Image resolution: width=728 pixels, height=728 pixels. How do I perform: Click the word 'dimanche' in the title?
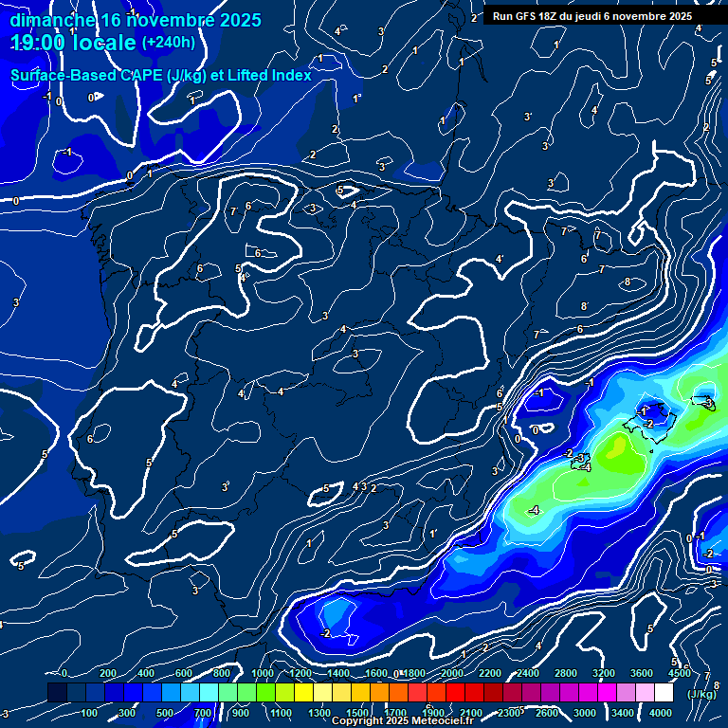click(x=51, y=20)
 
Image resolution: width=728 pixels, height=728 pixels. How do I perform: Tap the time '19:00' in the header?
click(x=42, y=43)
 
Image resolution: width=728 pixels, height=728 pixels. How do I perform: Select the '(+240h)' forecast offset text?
click(x=169, y=43)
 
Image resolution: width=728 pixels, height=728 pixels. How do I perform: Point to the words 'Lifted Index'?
click(x=265, y=75)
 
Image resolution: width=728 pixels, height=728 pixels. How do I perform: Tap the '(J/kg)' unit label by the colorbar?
click(x=702, y=694)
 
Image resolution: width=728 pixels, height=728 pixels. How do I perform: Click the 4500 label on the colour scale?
click(x=680, y=673)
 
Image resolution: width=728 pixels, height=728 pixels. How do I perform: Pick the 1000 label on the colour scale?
click(x=263, y=673)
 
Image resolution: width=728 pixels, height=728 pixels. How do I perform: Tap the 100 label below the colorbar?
click(x=90, y=713)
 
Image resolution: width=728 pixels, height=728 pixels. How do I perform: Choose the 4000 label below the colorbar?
click(x=661, y=713)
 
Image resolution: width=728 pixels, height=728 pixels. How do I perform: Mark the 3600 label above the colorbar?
click(x=642, y=673)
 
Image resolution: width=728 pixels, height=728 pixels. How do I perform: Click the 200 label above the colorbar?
click(x=108, y=673)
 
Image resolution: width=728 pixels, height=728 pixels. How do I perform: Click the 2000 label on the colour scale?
click(x=452, y=673)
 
